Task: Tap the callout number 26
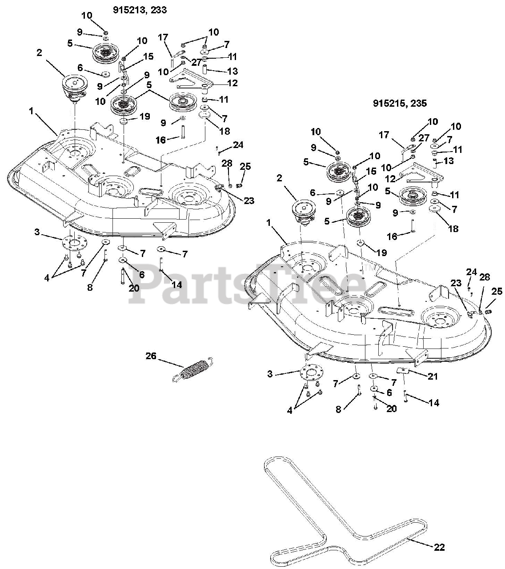[x=151, y=356]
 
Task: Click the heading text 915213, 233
[x=140, y=10]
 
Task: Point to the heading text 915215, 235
[x=400, y=103]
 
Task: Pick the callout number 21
[x=433, y=376]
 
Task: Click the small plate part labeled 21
[x=403, y=371]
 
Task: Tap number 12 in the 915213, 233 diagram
[x=232, y=83]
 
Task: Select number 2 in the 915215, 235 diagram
[x=279, y=178]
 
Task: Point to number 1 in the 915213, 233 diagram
[x=31, y=111]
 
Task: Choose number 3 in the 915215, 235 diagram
[x=270, y=374]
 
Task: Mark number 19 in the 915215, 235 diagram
[x=381, y=253]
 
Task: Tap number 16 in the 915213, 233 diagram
[x=160, y=140]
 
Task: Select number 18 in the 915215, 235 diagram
[x=453, y=228]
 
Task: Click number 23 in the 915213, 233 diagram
[x=249, y=200]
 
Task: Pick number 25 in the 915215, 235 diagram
[x=497, y=291]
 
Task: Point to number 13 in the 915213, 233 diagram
[x=232, y=71]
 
